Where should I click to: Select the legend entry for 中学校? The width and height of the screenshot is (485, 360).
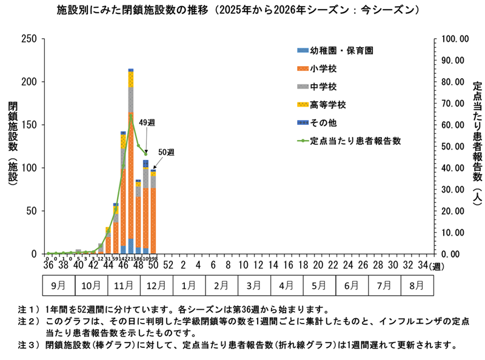322,87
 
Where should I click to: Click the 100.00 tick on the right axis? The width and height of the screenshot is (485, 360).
453,39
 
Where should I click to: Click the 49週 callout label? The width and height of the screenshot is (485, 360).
147,122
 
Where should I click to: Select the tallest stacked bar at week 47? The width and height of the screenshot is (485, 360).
131,161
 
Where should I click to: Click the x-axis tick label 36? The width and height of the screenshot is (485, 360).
48,266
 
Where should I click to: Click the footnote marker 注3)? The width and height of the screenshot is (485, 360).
28,345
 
